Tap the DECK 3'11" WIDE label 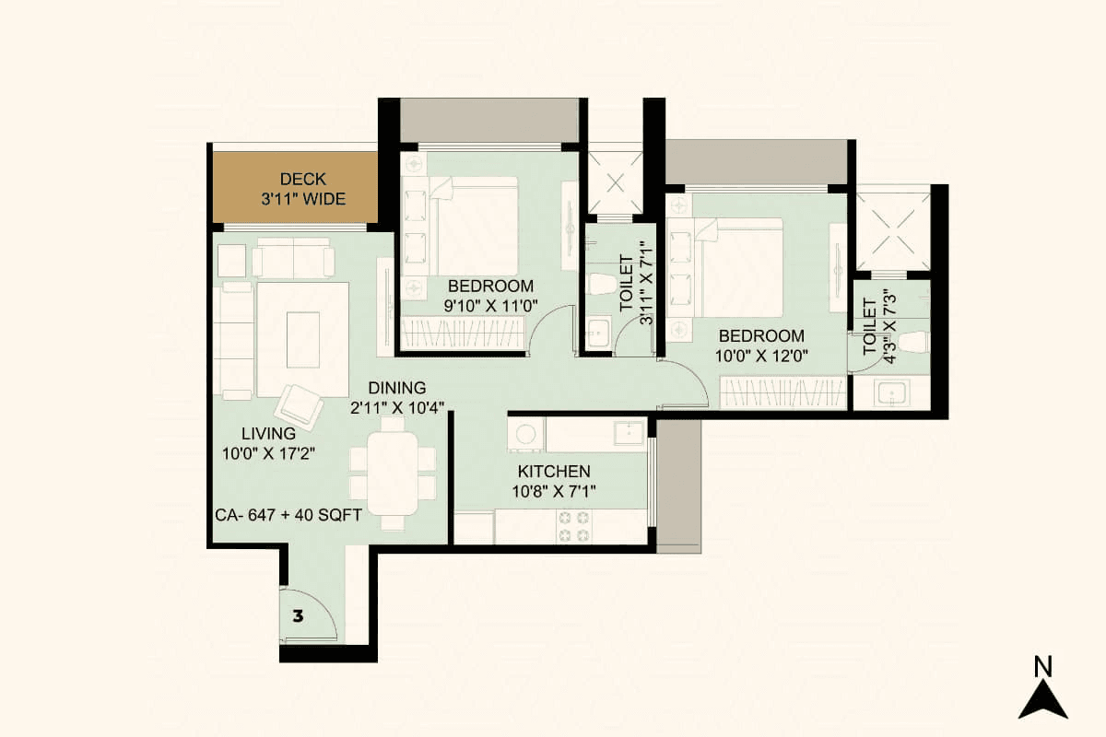303,189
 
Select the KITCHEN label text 553,472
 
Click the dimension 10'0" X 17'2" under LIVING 268,452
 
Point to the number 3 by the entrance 298,615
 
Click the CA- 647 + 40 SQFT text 288,517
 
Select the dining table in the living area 394,473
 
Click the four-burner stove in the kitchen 572,527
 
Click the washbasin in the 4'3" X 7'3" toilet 890,394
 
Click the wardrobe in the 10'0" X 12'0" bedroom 782,393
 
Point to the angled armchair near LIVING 300,404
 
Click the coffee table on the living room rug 303,339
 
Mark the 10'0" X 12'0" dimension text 761,357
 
